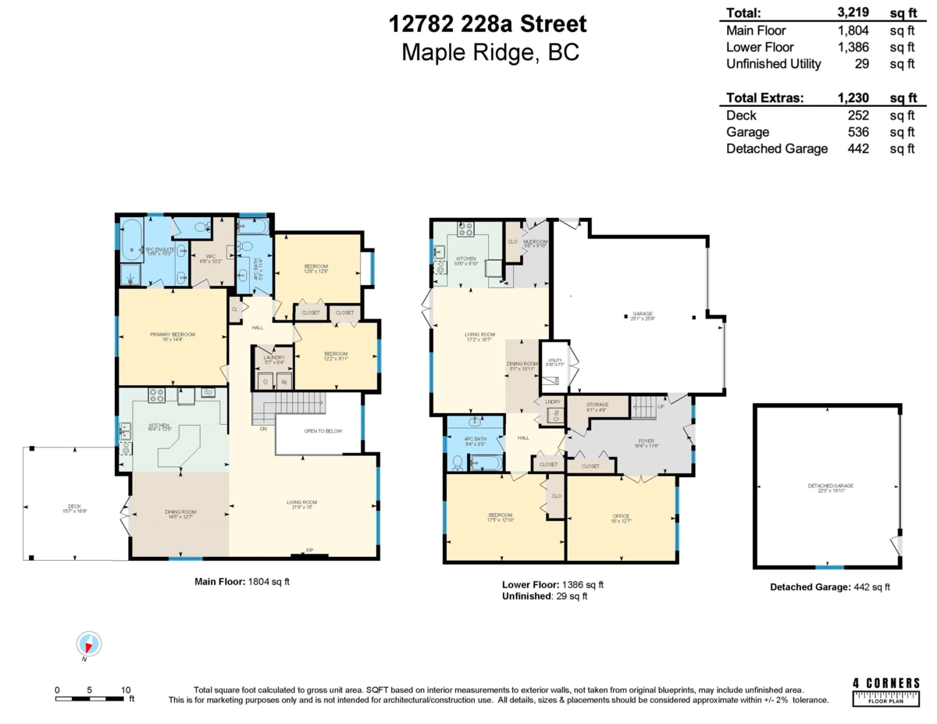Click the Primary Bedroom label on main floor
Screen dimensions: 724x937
pos(173,334)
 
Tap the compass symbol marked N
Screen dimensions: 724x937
pos(90,644)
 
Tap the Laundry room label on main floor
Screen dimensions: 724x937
pos(273,358)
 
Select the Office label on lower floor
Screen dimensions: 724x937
pos(621,515)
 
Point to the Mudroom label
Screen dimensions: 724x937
pos(536,242)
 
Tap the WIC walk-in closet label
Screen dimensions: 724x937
pos(211,258)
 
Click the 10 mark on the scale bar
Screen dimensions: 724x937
pos(126,690)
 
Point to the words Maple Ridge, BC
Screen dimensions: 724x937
pos(490,52)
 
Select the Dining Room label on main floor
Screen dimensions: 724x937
pos(180,514)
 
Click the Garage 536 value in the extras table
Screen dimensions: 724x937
pos(856,132)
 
